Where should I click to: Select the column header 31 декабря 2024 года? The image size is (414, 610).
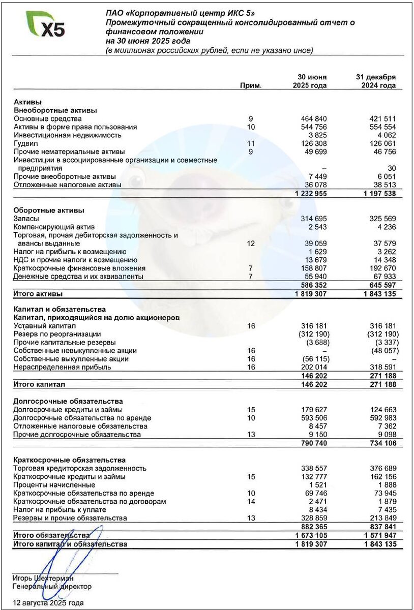[x=375, y=81]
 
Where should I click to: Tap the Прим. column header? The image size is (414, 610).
[x=251, y=86]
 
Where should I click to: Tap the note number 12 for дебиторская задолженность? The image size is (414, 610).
[x=250, y=243]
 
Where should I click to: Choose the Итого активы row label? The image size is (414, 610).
[x=38, y=294]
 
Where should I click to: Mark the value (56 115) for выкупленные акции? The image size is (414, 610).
[x=314, y=359]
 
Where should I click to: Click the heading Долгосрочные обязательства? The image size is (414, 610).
[x=68, y=402]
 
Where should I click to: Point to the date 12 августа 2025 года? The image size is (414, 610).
[x=48, y=603]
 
